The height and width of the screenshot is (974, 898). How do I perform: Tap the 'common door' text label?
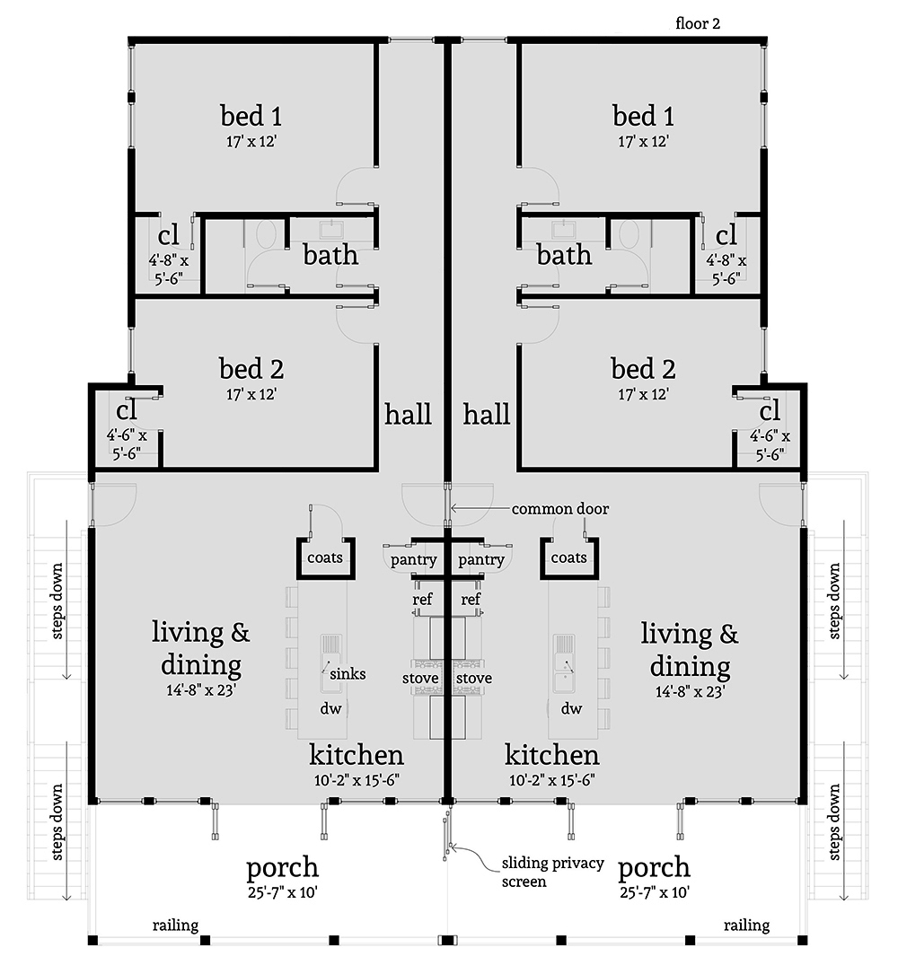[x=559, y=509]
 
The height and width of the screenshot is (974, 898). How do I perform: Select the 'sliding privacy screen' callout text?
[x=536, y=873]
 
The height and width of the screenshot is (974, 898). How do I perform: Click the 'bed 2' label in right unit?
[x=643, y=369]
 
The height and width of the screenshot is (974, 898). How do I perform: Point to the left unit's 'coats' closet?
[x=325, y=558]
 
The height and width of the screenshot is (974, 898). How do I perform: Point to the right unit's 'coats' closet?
[x=568, y=558]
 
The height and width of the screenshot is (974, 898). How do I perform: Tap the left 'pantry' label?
[x=414, y=560]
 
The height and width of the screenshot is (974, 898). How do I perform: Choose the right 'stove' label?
[x=472, y=678]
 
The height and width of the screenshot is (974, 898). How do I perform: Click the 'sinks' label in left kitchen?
[x=347, y=673]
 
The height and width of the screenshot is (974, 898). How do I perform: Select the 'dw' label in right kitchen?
[x=571, y=709]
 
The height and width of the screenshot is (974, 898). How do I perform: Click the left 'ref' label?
[x=422, y=599]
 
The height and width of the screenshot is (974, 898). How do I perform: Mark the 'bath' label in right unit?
[x=564, y=255]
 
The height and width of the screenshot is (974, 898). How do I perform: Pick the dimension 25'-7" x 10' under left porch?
[x=282, y=893]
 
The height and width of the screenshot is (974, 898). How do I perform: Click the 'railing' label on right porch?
[x=745, y=926]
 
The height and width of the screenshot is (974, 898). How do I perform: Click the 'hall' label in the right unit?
[x=487, y=414]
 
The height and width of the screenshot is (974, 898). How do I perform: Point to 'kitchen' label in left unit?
[x=357, y=754]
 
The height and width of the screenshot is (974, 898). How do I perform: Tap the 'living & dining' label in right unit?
[x=689, y=650]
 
